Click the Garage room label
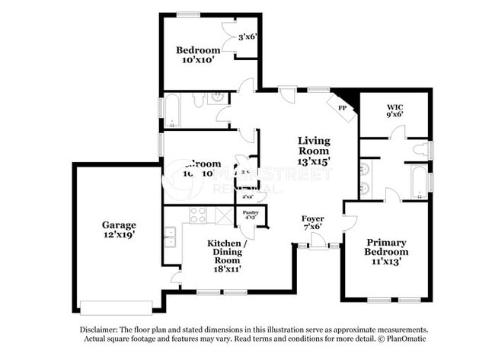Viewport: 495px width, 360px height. pyautogui.click(x=120, y=225)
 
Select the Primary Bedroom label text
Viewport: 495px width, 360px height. pyautogui.click(x=385, y=247)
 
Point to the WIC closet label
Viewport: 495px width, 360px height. pyautogui.click(x=394, y=107)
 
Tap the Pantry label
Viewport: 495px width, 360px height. pyautogui.click(x=250, y=212)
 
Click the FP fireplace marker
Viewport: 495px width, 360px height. pyautogui.click(x=342, y=107)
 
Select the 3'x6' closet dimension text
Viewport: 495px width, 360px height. pyautogui.click(x=247, y=37)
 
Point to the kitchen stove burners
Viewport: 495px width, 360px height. pyautogui.click(x=197, y=215)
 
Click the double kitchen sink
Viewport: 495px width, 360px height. pyautogui.click(x=172, y=237)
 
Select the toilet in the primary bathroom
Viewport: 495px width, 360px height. pyautogui.click(x=421, y=150)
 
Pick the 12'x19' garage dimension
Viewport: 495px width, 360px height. pyautogui.click(x=120, y=236)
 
